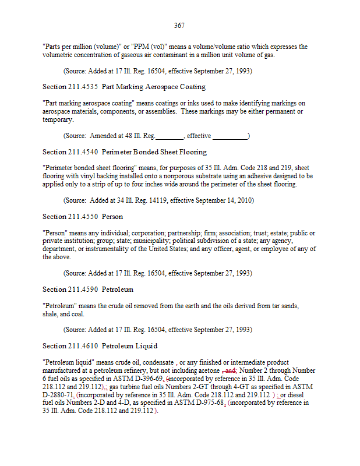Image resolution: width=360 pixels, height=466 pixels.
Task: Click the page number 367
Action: (179, 26)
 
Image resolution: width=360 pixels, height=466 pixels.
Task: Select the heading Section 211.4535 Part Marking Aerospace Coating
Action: (124, 87)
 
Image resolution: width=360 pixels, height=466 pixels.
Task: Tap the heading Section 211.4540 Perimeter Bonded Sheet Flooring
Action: (125, 152)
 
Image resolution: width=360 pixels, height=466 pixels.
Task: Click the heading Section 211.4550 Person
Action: (83, 217)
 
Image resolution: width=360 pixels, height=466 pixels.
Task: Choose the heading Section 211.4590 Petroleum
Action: (88, 290)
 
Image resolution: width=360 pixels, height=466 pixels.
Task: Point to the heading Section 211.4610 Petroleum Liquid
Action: (100, 346)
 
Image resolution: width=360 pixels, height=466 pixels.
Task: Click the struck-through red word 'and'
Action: (229, 370)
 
